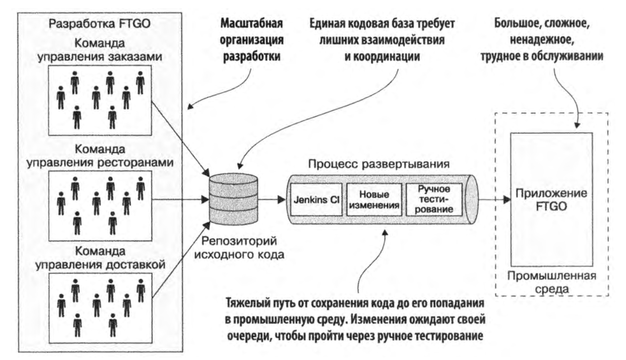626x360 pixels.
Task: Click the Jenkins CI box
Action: point(316,200)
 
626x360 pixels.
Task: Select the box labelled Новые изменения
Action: point(374,200)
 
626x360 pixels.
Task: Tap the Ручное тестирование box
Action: point(434,200)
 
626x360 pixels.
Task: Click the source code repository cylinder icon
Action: point(234,200)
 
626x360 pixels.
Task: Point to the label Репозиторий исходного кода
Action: point(239,248)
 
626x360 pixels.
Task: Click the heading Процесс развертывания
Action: point(379,164)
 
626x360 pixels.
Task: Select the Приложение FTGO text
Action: point(551,200)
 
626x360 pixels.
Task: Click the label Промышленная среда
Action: point(552,282)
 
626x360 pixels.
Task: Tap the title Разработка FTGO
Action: point(99,24)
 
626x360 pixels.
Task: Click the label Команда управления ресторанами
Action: point(100,156)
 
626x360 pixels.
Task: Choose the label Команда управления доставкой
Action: point(100,258)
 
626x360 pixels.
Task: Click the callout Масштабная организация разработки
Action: point(252,40)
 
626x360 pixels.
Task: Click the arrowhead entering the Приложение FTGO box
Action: point(507,200)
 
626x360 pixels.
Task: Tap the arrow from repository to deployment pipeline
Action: point(272,200)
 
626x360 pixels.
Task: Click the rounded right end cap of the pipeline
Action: point(471,200)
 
